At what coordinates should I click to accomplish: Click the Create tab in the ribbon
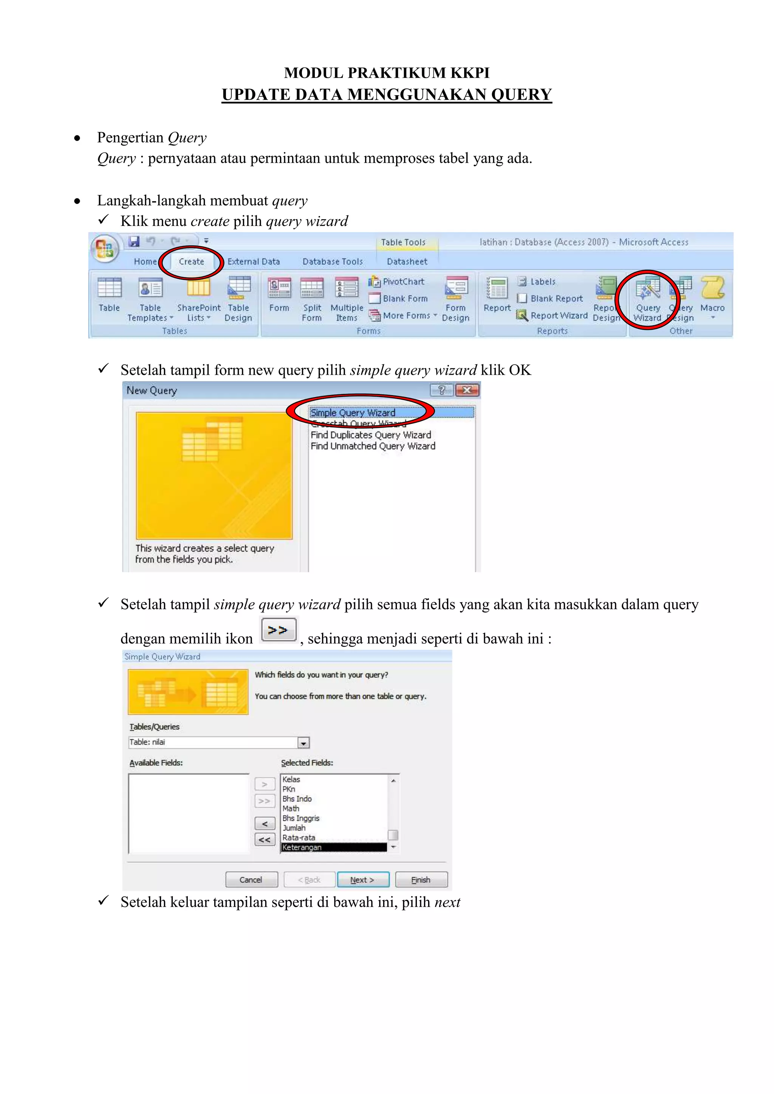tap(191, 261)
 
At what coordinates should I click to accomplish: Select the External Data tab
tap(254, 261)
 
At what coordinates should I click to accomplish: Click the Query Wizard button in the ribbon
tap(647, 298)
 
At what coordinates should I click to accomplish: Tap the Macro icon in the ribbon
tap(712, 295)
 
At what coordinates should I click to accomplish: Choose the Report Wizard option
tap(553, 315)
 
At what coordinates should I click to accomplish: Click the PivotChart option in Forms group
tap(397, 281)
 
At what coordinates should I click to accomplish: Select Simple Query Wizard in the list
tap(353, 413)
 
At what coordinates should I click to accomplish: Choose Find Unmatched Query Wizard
tap(373, 446)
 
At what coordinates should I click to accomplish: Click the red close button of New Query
tap(467, 390)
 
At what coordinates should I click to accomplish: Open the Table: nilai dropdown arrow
tap(303, 743)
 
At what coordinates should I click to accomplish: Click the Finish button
tap(421, 879)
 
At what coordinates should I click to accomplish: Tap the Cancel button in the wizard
tap(251, 879)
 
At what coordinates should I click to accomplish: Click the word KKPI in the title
tap(471, 73)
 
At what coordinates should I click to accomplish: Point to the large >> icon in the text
tap(278, 630)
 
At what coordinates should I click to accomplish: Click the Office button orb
tap(105, 248)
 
